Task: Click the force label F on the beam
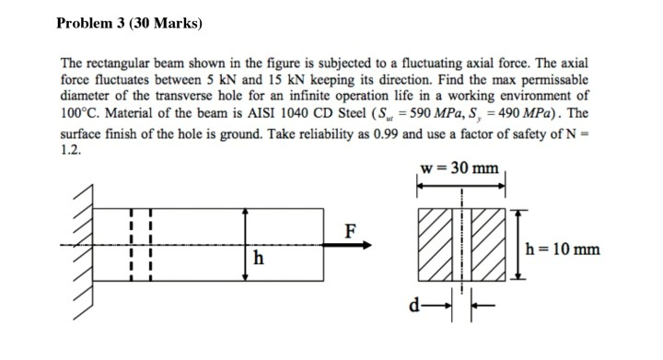point(351,229)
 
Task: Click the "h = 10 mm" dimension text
point(562,247)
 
